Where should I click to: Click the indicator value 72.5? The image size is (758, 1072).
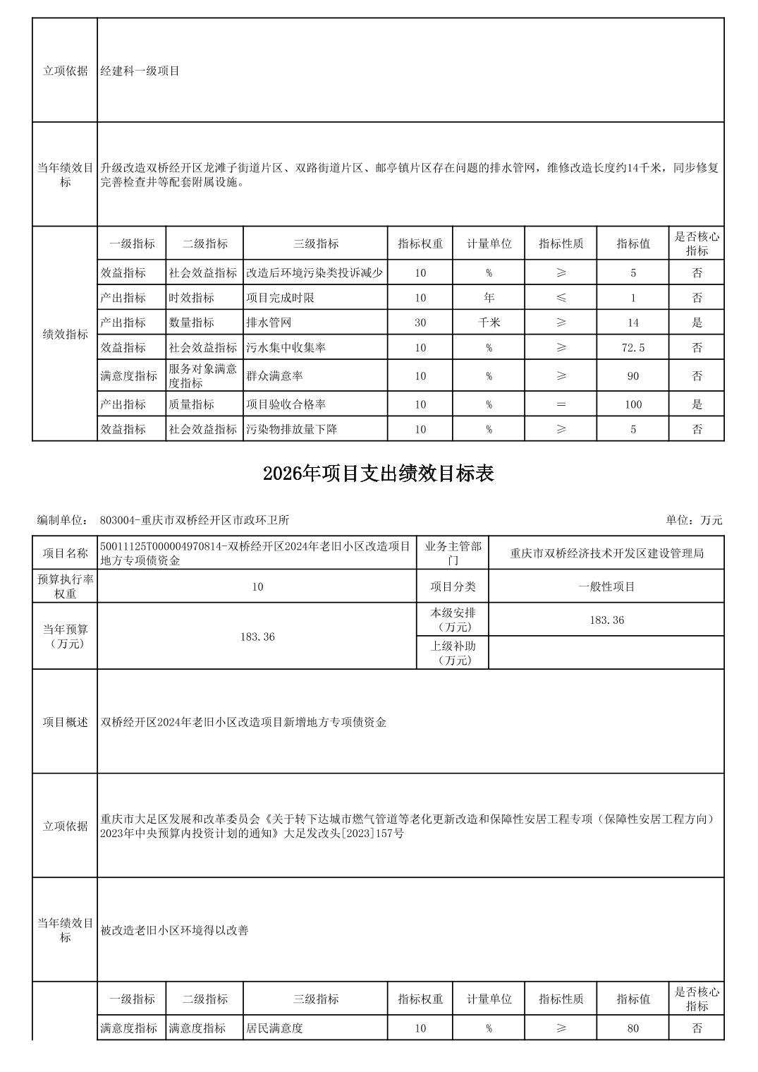[x=632, y=347]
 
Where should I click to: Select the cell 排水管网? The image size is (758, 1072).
[x=269, y=323]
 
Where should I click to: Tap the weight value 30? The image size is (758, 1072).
[x=420, y=323]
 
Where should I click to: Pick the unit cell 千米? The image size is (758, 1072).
[x=489, y=323]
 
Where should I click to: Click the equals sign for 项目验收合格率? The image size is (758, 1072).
[x=561, y=404]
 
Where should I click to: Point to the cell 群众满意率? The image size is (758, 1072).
[x=274, y=376]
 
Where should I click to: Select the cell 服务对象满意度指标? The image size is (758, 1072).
[x=203, y=376]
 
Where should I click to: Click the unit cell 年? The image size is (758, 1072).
[x=489, y=298]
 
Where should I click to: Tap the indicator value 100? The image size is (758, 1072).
[x=632, y=404]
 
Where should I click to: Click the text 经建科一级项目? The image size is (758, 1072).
[x=140, y=71]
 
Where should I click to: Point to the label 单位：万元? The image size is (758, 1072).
[x=694, y=520]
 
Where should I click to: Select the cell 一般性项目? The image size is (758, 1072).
[x=606, y=586]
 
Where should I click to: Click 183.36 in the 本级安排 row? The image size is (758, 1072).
[x=606, y=620]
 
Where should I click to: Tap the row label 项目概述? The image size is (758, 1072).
[x=65, y=722]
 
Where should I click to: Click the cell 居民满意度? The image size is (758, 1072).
[x=274, y=1028]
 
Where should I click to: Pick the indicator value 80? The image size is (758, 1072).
[x=632, y=1028]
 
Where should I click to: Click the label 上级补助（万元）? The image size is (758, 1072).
[x=453, y=653]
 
